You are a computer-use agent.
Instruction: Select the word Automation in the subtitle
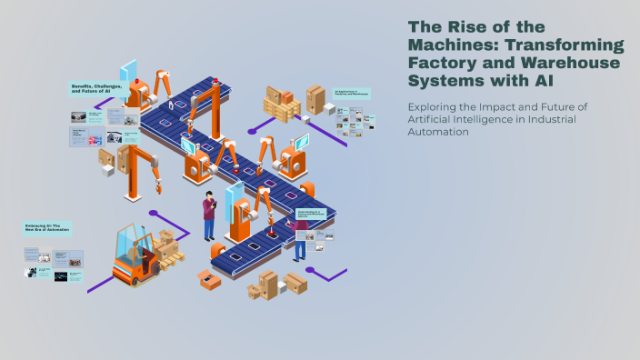click(437, 133)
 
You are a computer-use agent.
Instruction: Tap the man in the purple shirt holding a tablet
click(209, 215)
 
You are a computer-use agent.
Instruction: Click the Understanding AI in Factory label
click(311, 215)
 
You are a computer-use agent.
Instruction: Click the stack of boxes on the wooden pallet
click(281, 105)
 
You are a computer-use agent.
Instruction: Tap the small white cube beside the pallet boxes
click(328, 108)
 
